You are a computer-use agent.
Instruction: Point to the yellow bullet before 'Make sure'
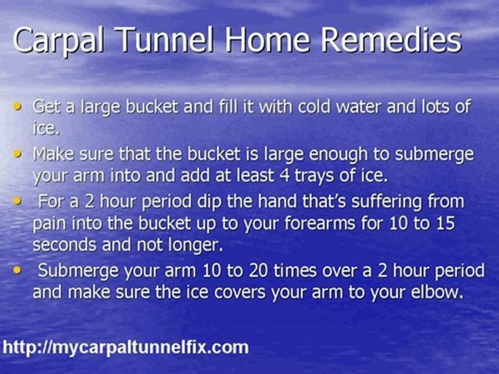pos(19,154)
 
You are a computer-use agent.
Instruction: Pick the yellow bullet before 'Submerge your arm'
pos(19,271)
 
